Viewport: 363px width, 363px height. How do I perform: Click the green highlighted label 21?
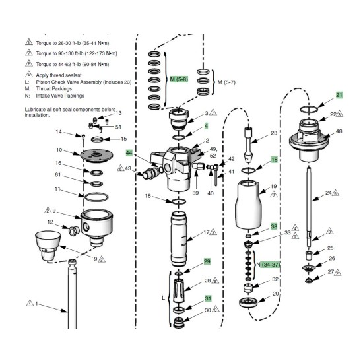click(x=339, y=95)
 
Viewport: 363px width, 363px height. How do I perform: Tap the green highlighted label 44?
click(x=129, y=152)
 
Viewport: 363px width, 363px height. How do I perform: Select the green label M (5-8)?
click(x=179, y=79)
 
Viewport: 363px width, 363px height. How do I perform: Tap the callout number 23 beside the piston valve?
click(x=275, y=133)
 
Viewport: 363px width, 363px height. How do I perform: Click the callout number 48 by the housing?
click(x=339, y=131)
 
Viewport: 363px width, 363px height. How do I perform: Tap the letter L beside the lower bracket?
click(x=163, y=298)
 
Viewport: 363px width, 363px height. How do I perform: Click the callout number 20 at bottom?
click(x=276, y=294)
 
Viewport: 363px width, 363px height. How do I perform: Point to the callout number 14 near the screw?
click(x=59, y=131)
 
